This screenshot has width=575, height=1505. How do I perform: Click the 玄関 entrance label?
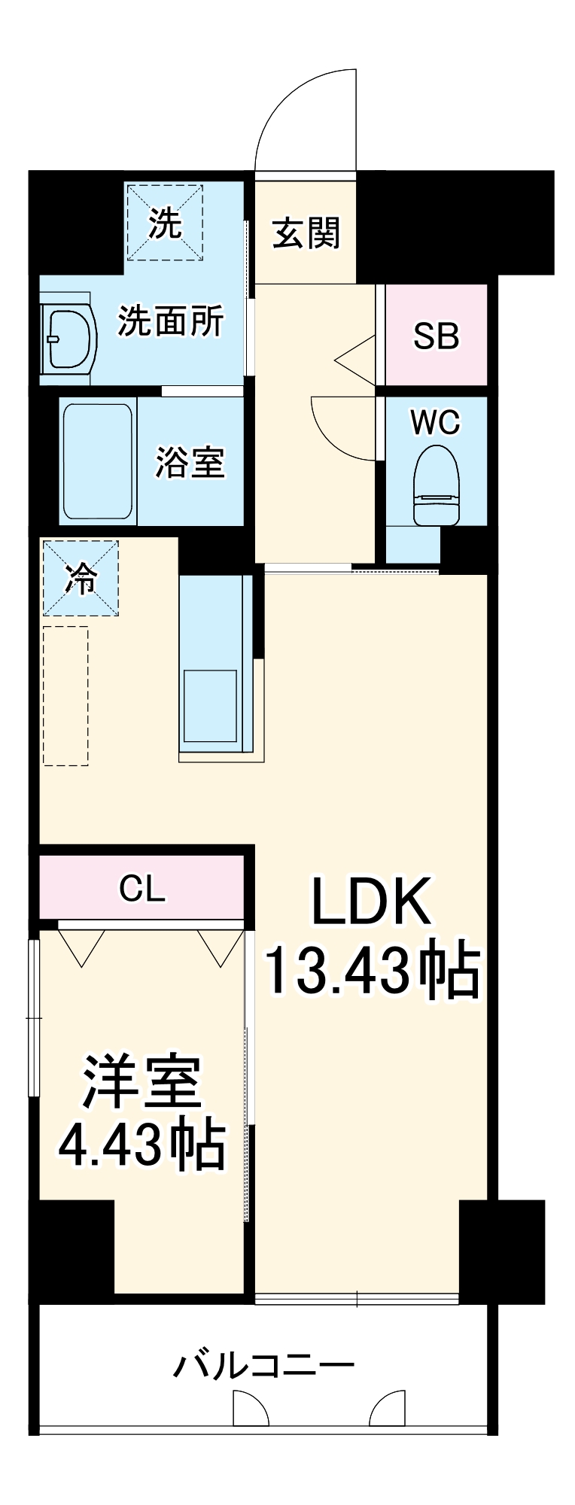click(x=306, y=233)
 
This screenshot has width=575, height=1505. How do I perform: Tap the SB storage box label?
click(x=436, y=336)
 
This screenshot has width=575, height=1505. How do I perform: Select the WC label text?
click(x=436, y=423)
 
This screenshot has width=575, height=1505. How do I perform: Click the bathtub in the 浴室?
click(x=98, y=461)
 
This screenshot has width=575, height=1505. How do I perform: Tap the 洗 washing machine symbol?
click(x=164, y=222)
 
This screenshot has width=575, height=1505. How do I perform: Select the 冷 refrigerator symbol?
click(x=81, y=578)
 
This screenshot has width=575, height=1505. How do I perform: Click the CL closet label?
click(x=142, y=889)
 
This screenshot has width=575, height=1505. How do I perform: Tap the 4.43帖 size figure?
click(x=142, y=1145)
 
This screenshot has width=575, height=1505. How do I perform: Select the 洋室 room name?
click(x=142, y=1081)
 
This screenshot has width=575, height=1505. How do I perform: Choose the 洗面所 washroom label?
click(x=171, y=321)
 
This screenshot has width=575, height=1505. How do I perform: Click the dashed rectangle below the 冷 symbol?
click(x=65, y=696)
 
